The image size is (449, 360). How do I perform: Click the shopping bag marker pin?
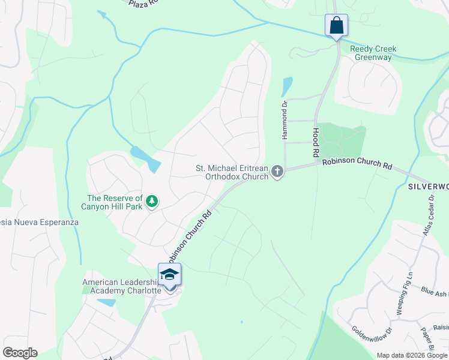336,26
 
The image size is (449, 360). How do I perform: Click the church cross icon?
277,172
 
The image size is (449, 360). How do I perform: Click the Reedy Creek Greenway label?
371,53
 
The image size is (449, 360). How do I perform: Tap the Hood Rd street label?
316,143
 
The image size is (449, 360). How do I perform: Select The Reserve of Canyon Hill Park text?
114,202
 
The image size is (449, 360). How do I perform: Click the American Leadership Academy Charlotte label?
122,286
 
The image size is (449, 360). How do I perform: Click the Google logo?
20,352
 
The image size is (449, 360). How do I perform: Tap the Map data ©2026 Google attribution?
412,355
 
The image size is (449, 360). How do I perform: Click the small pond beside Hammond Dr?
287,86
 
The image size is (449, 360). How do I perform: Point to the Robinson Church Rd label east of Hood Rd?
357,163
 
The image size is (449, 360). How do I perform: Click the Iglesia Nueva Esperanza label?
39,222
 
